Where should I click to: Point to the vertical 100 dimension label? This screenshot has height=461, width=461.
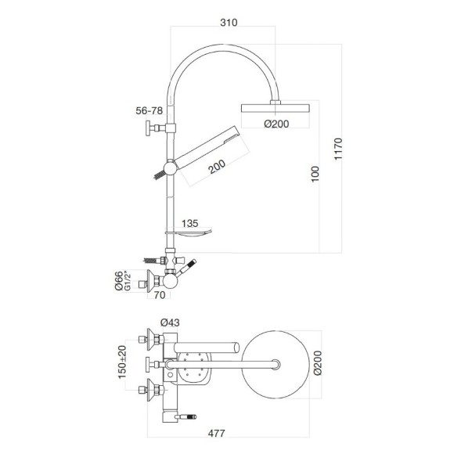point(315,175)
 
